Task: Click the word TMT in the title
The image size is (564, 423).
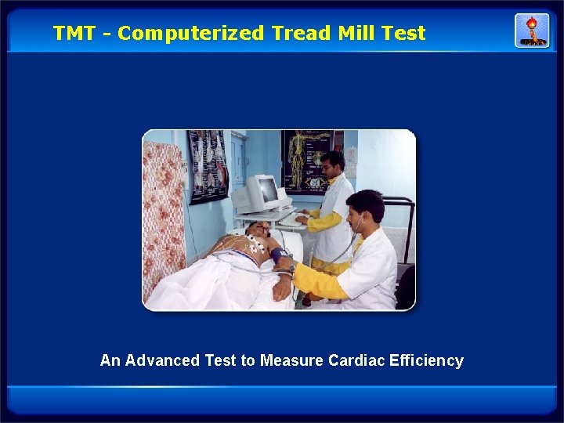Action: point(71,34)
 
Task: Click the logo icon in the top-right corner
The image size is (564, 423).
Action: point(532,31)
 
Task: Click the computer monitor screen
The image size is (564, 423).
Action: point(266,190)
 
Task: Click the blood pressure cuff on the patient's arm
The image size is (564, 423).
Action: point(278,256)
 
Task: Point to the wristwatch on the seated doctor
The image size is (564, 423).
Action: point(291,269)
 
